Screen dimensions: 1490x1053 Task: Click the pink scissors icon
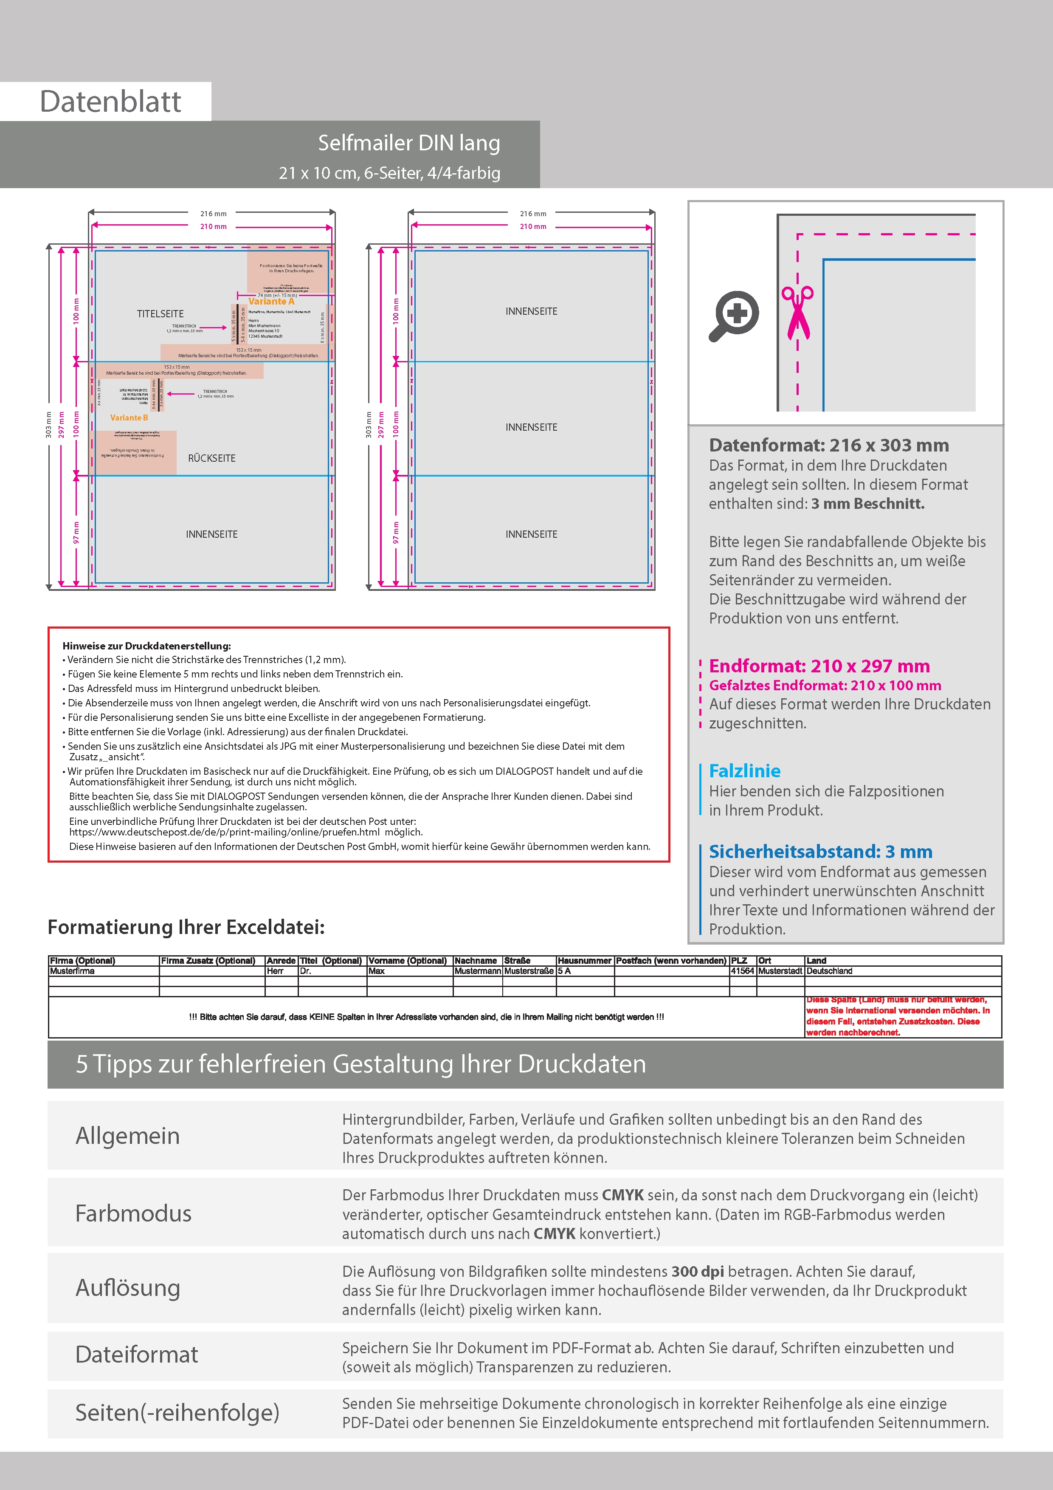[x=797, y=312]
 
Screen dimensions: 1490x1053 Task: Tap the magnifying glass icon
[x=733, y=316]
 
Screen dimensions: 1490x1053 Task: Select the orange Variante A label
[x=271, y=301]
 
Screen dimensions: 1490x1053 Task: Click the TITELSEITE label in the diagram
[x=160, y=313]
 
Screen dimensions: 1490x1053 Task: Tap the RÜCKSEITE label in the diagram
[x=211, y=458]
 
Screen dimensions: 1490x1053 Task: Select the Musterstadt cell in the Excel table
[x=780, y=971]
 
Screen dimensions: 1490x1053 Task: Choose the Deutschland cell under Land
[x=829, y=971]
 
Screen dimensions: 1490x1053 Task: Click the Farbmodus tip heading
[x=133, y=1213]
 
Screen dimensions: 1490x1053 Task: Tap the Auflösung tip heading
[x=128, y=1287]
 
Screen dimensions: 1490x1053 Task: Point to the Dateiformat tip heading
[x=136, y=1355]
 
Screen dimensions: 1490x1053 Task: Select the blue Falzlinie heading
[x=744, y=771]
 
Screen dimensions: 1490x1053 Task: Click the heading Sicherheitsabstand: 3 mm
[x=820, y=852]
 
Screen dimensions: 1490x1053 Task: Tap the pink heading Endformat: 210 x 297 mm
[x=819, y=666]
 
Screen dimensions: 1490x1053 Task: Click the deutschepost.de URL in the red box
[x=225, y=832]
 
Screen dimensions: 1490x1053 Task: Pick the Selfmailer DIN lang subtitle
[x=409, y=143]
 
